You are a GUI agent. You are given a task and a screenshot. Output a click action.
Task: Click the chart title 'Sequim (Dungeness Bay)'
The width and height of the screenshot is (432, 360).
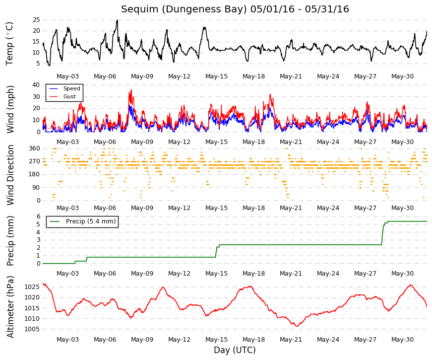(x=184, y=9)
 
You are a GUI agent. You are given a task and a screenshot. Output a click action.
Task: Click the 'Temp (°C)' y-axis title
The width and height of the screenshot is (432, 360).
(x=9, y=44)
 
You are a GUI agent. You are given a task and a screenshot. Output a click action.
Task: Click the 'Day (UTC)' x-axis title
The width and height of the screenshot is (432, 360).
(x=235, y=350)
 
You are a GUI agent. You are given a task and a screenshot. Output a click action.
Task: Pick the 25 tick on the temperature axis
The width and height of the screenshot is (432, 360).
(x=36, y=20)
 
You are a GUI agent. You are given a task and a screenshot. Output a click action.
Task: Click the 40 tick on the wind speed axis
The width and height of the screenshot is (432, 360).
(x=36, y=85)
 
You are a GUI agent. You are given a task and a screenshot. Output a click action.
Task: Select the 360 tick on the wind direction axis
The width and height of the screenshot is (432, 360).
(x=35, y=148)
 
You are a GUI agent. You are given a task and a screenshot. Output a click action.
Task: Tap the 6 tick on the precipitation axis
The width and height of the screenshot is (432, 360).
(x=39, y=216)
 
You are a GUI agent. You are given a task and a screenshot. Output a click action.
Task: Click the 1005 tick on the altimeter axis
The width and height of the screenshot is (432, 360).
(x=32, y=329)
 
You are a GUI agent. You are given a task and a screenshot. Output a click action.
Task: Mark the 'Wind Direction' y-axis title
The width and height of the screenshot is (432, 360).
(x=10, y=175)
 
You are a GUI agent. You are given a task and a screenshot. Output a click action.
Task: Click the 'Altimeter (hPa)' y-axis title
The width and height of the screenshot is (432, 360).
(x=10, y=306)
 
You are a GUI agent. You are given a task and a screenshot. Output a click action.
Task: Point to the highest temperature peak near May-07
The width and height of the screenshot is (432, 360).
(x=117, y=20)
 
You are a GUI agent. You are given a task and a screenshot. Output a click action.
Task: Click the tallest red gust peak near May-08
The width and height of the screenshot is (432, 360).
(x=131, y=90)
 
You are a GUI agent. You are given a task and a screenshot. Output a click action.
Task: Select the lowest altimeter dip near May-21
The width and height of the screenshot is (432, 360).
(x=297, y=326)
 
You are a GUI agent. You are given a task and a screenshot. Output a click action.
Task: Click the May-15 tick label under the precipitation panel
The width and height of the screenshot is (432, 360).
(x=217, y=274)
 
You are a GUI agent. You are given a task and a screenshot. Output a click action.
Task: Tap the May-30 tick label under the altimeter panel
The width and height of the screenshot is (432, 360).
(x=403, y=340)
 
